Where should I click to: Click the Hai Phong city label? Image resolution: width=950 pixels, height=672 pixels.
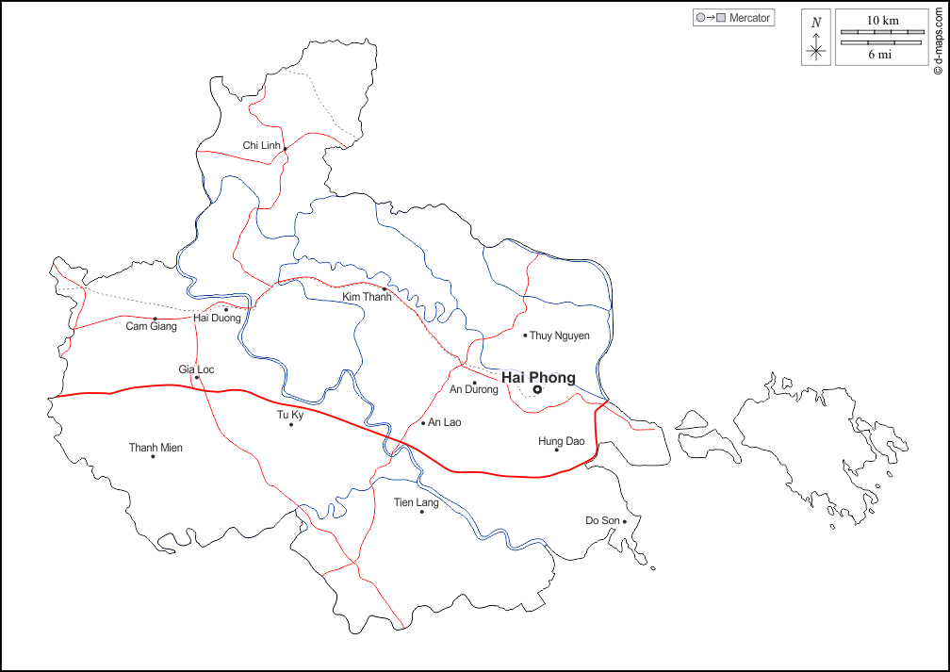pyautogui.click(x=538, y=378)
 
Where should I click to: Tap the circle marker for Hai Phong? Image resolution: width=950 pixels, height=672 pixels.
pyautogui.click(x=537, y=389)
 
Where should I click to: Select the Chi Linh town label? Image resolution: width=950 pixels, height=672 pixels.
pyautogui.click(x=261, y=145)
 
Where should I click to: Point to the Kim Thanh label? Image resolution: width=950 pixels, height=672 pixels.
pyautogui.click(x=367, y=297)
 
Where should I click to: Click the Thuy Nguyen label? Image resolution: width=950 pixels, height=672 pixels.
pyautogui.click(x=560, y=336)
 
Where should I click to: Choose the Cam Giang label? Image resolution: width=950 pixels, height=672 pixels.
pyautogui.click(x=151, y=327)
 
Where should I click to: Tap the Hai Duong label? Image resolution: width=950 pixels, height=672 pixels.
pyautogui.click(x=218, y=319)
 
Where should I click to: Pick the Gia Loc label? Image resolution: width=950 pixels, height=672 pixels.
pyautogui.click(x=196, y=369)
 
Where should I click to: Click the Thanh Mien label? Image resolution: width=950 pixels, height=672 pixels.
pyautogui.click(x=156, y=448)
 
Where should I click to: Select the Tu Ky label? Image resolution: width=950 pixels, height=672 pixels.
pyautogui.click(x=290, y=415)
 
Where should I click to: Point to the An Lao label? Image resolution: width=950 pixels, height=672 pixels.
pyautogui.click(x=445, y=422)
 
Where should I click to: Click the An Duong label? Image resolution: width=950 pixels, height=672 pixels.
pyautogui.click(x=474, y=390)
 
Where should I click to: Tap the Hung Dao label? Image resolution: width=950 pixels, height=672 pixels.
pyautogui.click(x=562, y=441)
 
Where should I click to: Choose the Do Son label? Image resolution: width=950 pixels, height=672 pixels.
pyautogui.click(x=603, y=520)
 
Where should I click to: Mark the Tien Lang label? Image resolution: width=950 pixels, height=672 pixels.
pyautogui.click(x=417, y=503)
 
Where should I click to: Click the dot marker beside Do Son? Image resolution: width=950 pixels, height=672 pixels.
pyautogui.click(x=624, y=520)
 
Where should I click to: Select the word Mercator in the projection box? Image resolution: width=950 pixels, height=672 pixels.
pyautogui.click(x=750, y=18)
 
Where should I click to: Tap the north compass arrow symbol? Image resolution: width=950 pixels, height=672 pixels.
pyautogui.click(x=816, y=39)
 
